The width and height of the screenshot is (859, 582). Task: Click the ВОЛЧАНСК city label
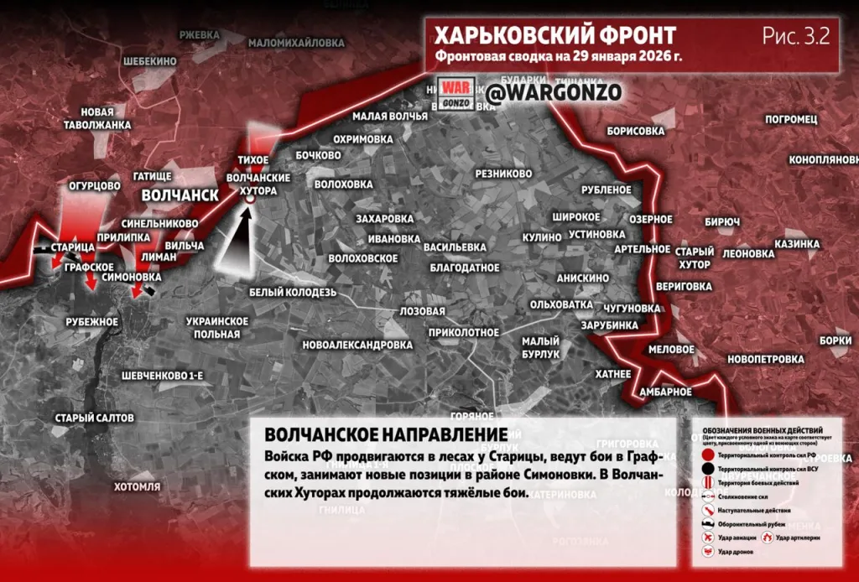(180, 195)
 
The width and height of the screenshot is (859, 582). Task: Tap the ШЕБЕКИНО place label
(149, 61)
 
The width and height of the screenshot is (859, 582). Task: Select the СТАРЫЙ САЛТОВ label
(94, 417)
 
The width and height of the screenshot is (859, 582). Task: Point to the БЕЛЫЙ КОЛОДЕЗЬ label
(292, 292)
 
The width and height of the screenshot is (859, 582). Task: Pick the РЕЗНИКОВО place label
(503, 174)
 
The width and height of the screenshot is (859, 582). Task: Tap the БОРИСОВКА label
(635, 132)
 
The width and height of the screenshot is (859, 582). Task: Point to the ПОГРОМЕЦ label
(791, 120)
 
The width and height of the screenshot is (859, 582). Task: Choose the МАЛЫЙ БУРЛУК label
(540, 348)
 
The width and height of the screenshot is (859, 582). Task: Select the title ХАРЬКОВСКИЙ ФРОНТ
(554, 36)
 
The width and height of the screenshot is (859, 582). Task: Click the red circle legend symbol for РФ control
(707, 455)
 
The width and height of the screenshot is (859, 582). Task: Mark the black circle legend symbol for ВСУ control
(707, 468)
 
